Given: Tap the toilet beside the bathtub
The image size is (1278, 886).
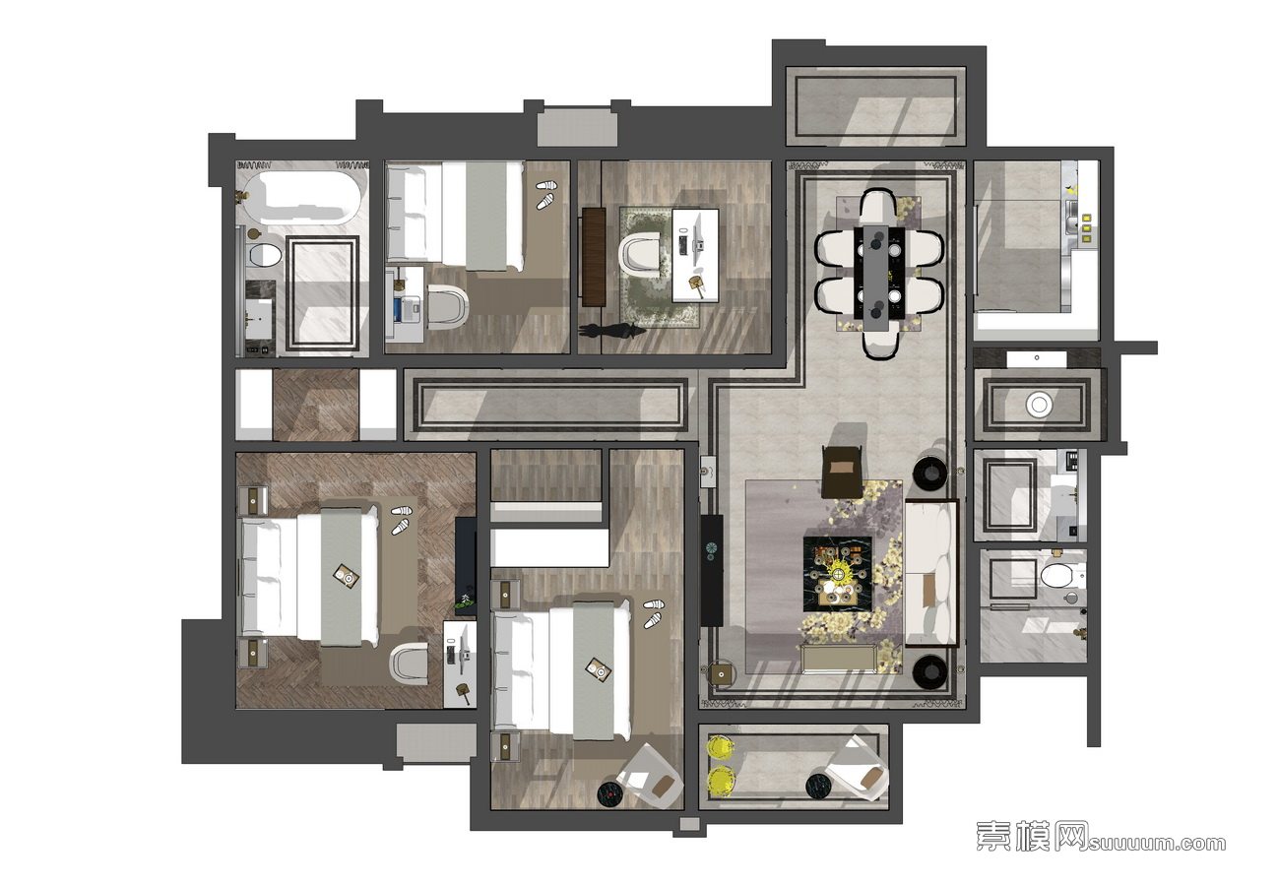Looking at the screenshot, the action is click(265, 255).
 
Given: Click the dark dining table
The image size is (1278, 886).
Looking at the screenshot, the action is click(883, 272).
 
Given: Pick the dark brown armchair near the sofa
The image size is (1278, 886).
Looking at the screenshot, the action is click(842, 472).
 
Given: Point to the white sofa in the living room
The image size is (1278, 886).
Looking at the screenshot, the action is click(931, 573).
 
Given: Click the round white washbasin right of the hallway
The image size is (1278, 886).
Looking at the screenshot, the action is click(1039, 405).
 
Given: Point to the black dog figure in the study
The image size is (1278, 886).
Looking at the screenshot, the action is click(611, 331).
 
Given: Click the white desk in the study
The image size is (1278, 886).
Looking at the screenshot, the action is click(695, 255).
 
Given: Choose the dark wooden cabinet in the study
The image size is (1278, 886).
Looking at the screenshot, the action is click(594, 257).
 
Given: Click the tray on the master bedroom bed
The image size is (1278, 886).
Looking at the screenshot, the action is click(347, 576).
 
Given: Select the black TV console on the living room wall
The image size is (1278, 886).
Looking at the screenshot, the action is click(712, 571).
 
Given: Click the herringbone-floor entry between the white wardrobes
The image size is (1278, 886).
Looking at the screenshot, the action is click(315, 405).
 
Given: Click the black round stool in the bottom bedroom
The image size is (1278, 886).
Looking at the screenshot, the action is click(610, 791).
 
